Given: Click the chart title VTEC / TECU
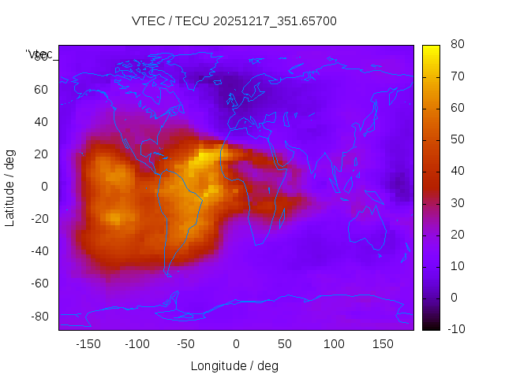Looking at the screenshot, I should tap(234, 21).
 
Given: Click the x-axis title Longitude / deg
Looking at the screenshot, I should tap(234, 365).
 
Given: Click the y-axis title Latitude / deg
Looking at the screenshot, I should tap(10, 187).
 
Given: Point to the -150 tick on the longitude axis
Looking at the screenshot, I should tap(88, 343).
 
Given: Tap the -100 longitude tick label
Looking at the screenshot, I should tap(137, 343).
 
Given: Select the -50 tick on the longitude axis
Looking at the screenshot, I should tap(186, 343).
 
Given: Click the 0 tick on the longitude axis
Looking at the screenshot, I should tap(235, 343).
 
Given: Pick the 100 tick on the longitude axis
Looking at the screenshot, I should tap(334, 343).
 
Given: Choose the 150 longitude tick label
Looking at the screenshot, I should tap(383, 343).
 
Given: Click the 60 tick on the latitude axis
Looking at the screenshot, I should tap(41, 90).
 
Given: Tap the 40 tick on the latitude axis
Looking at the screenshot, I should tap(41, 122).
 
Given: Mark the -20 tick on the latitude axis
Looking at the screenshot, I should tap(39, 219).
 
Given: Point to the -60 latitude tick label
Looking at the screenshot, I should tap(39, 283).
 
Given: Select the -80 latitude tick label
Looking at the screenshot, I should tap(39, 316).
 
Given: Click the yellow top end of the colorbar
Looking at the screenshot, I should tap(431, 48).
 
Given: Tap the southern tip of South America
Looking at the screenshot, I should tap(168, 275).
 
